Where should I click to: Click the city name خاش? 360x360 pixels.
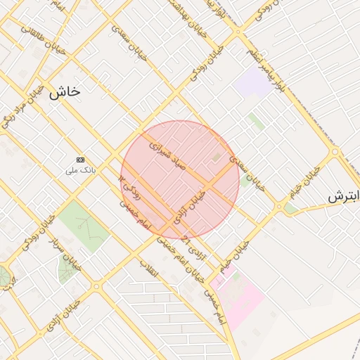[x=65, y=91]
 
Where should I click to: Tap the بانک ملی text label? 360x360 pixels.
[x=80, y=170]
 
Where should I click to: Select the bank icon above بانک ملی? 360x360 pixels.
[x=80, y=160]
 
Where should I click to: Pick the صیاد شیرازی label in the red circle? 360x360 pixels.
[x=167, y=156]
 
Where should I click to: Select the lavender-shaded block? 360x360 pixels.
[x=253, y=82]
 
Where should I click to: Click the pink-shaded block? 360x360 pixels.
[x=239, y=299]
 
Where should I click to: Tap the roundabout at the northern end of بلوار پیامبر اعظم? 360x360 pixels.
[x=238, y=32]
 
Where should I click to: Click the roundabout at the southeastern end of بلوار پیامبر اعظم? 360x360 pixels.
[x=335, y=151]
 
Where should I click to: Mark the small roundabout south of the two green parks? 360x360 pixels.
[x=96, y=286]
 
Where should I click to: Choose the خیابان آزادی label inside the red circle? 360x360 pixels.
[x=190, y=208]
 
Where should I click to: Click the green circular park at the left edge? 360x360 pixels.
[x=6, y=276]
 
